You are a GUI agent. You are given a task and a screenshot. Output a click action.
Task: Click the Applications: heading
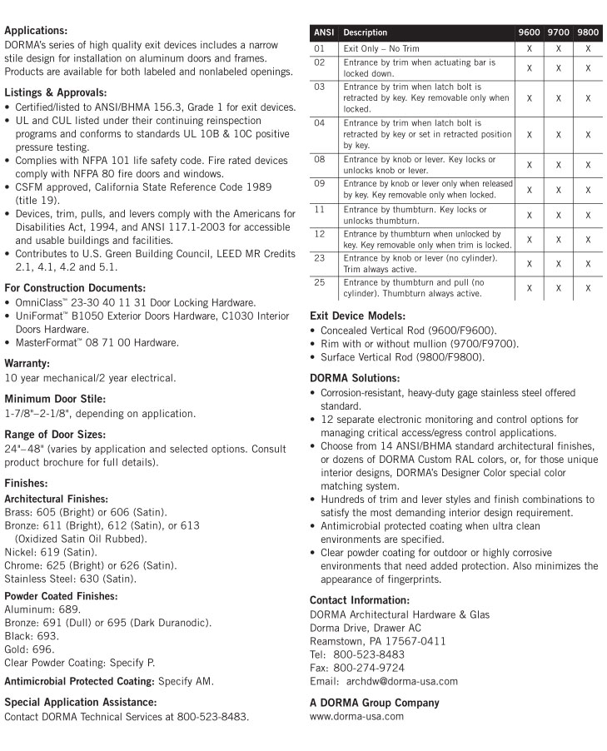click(x=36, y=31)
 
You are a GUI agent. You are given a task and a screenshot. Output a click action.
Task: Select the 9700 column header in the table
click(x=558, y=32)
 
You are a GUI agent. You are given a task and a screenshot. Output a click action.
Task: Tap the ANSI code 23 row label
click(x=320, y=259)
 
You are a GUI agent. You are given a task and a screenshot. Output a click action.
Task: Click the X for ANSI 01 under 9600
click(x=529, y=49)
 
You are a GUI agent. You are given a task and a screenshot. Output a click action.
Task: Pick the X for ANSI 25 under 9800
click(x=588, y=287)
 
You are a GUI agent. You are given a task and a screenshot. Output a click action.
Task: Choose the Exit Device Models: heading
click(x=357, y=316)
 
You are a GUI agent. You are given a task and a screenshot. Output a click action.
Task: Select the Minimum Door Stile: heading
click(x=55, y=398)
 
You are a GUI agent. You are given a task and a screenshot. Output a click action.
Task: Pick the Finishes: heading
click(x=27, y=482)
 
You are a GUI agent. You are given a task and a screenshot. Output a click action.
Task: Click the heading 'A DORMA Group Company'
click(x=374, y=702)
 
